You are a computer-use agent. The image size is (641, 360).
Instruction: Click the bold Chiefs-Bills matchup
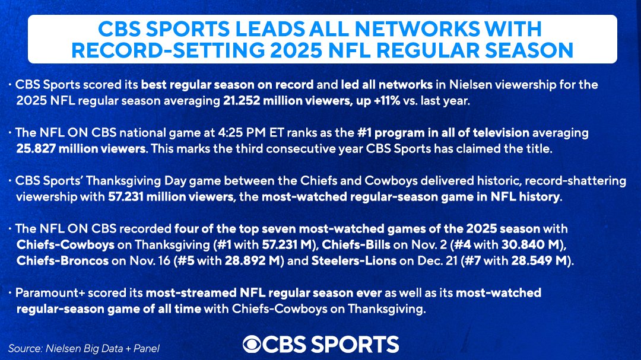[x=356, y=244]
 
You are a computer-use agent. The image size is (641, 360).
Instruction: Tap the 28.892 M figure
[x=264, y=260]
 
